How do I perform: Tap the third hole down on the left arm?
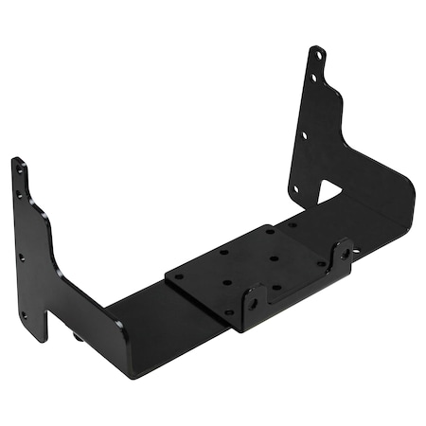[22, 257]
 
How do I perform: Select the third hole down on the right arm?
[304, 134]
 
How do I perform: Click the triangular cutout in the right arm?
[328, 193]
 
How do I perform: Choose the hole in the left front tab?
[253, 304]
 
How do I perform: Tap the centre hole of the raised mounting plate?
[273, 257]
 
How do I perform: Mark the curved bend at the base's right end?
[409, 194]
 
